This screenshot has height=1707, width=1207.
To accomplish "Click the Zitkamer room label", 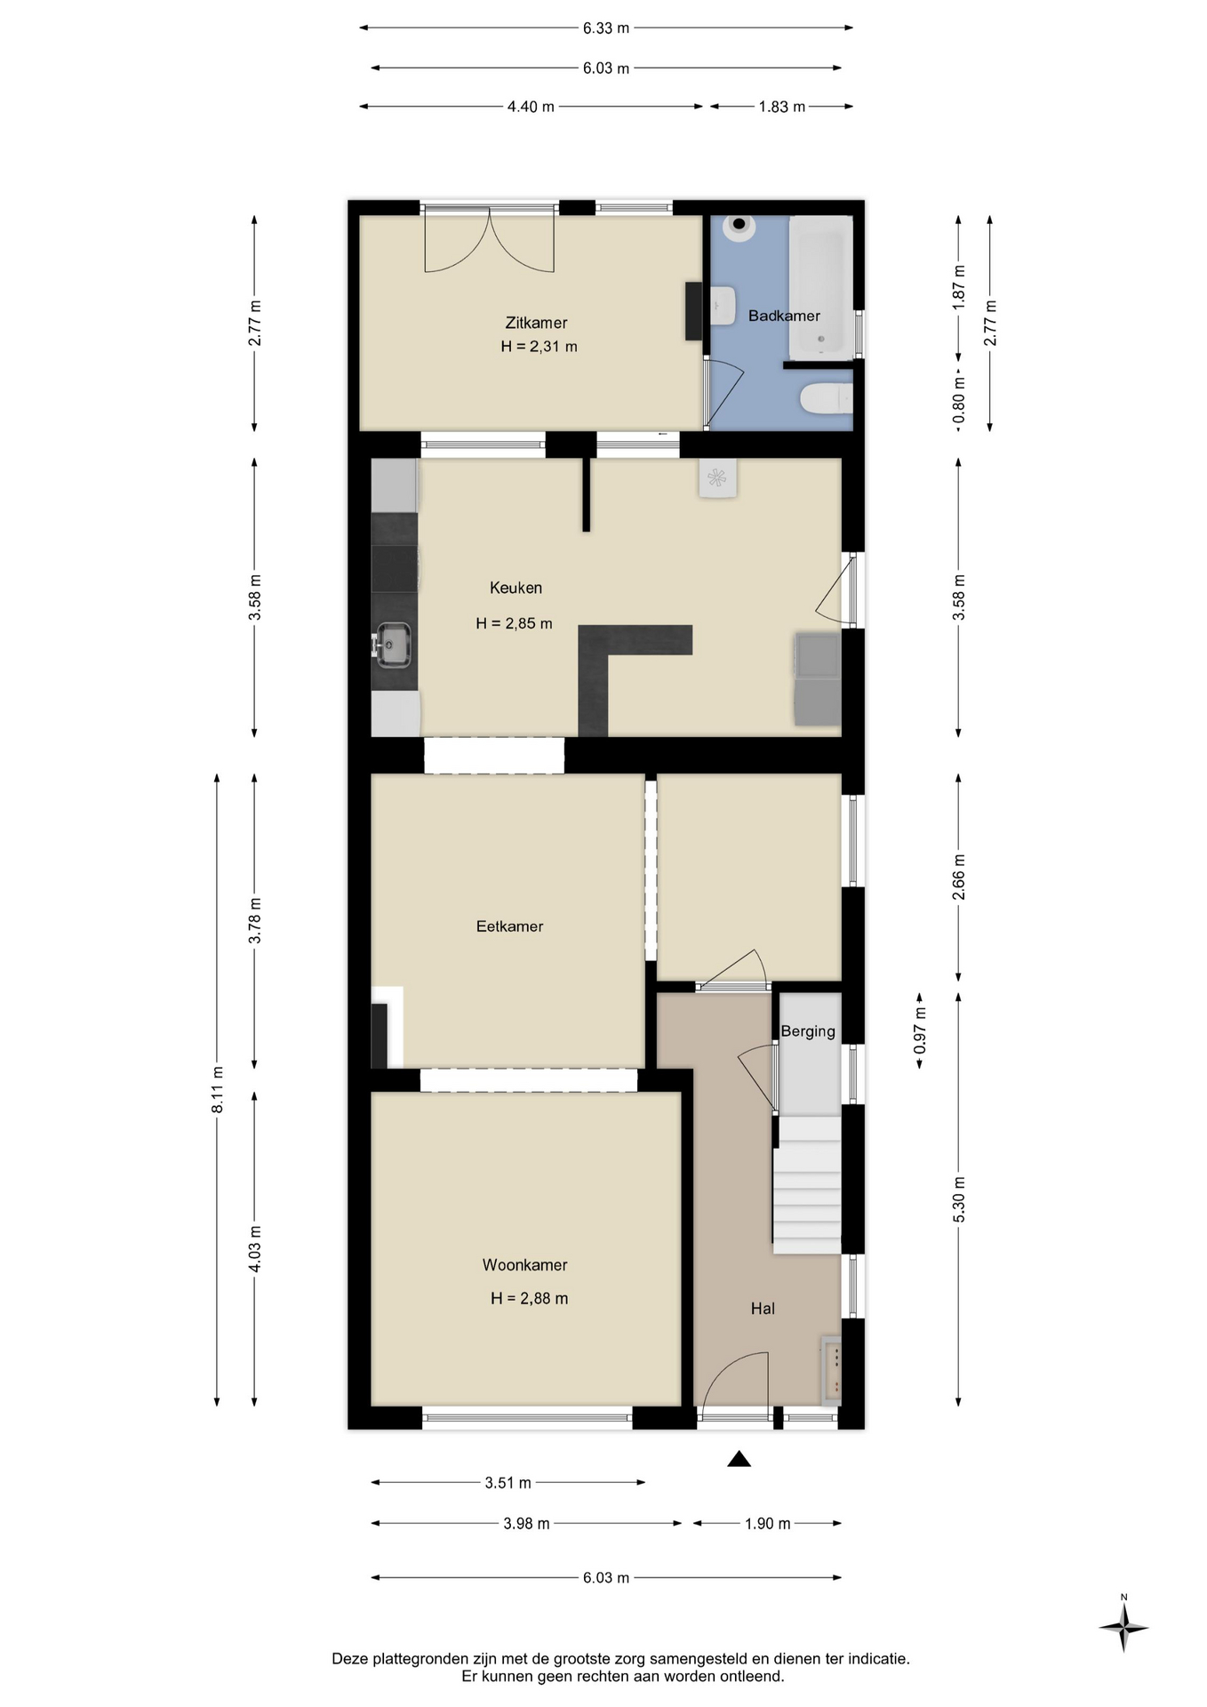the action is [536, 323].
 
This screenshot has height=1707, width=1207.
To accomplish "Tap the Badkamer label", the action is [784, 316].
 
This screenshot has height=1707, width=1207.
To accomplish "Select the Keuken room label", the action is [516, 588].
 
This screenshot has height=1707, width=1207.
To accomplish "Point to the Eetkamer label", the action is [509, 926].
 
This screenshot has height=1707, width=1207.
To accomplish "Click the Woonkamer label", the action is [524, 1265].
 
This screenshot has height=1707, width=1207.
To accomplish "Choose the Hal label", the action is [763, 1309].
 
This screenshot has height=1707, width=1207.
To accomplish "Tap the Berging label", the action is [808, 1031].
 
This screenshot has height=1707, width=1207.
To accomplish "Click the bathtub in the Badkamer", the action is [820, 286].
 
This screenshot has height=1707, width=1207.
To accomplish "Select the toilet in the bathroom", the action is [826, 398].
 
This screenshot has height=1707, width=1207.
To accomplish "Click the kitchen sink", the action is [392, 644].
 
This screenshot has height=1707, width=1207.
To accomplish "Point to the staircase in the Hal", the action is [806, 1185].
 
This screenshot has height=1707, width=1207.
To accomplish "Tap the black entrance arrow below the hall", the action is [739, 1459].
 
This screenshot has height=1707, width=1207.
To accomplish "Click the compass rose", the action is [1123, 1628].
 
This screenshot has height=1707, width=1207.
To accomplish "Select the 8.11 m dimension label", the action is [218, 1089].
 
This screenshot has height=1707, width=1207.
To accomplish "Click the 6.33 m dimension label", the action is [606, 28].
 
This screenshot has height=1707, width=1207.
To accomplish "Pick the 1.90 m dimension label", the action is [767, 1524].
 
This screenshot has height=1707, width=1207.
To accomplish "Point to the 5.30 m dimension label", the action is [959, 1199].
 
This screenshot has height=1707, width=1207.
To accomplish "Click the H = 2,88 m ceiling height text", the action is [529, 1299].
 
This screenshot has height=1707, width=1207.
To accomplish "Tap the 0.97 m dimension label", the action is [920, 1031].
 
